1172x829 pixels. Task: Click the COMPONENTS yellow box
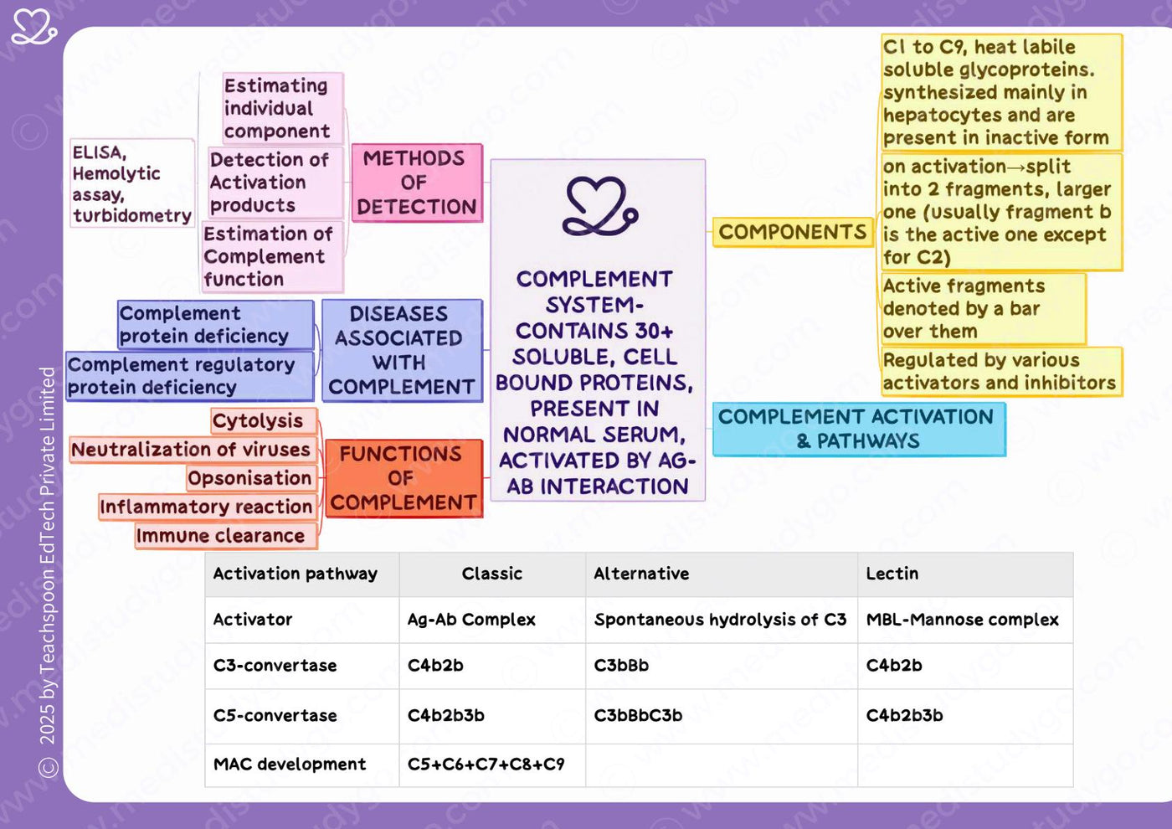(792, 232)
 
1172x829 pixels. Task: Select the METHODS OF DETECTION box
(417, 183)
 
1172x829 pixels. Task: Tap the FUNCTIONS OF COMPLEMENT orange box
(404, 478)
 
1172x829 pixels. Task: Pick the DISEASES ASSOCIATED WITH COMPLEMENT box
(402, 350)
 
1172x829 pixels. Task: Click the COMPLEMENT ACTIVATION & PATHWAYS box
(859, 429)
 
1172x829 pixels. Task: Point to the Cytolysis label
(265, 420)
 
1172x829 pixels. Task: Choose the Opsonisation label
(252, 478)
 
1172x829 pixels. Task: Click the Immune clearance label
(226, 535)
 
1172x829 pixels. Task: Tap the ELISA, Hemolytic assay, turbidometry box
(132, 183)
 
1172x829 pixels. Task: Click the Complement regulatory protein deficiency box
(190, 376)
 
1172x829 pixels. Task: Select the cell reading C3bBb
(621, 665)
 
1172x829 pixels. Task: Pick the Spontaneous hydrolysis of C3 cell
(720, 620)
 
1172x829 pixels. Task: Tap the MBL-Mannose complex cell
(962, 620)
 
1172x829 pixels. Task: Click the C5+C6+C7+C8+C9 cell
(486, 764)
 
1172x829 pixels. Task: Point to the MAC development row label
(290, 764)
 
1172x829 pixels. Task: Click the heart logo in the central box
(600, 206)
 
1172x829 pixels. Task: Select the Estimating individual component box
(283, 108)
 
